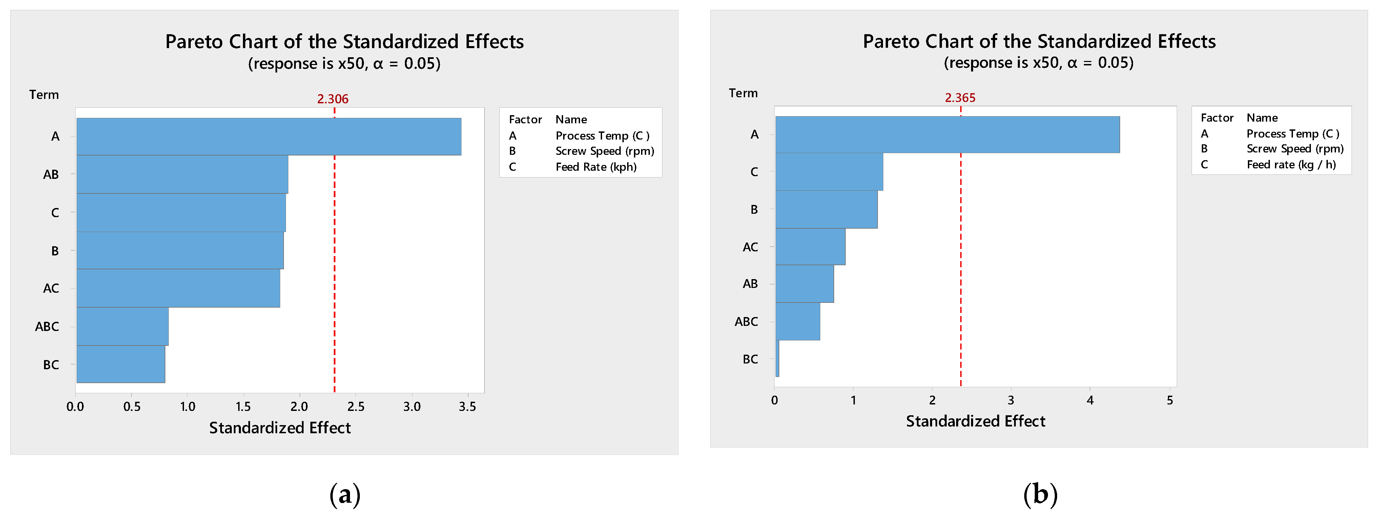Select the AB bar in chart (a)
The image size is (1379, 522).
pos(182,174)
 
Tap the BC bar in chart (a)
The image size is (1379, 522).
pos(120,364)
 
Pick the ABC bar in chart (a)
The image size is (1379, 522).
pos(122,327)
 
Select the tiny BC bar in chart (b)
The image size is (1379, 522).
pos(777,359)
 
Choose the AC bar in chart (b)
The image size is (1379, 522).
pos(810,247)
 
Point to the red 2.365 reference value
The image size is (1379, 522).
pos(960,98)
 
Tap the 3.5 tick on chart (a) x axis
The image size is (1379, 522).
pos(467,407)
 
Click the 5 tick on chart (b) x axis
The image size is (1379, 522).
pos(1170,400)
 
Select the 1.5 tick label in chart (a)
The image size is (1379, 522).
pos(243,407)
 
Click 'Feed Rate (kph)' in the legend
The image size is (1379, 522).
pos(596,167)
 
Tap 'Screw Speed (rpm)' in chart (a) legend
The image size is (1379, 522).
pos(604,151)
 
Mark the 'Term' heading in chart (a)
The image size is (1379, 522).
pos(44,95)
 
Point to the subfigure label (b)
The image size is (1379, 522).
pos(1040,494)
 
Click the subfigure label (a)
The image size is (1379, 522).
pos(345,494)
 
